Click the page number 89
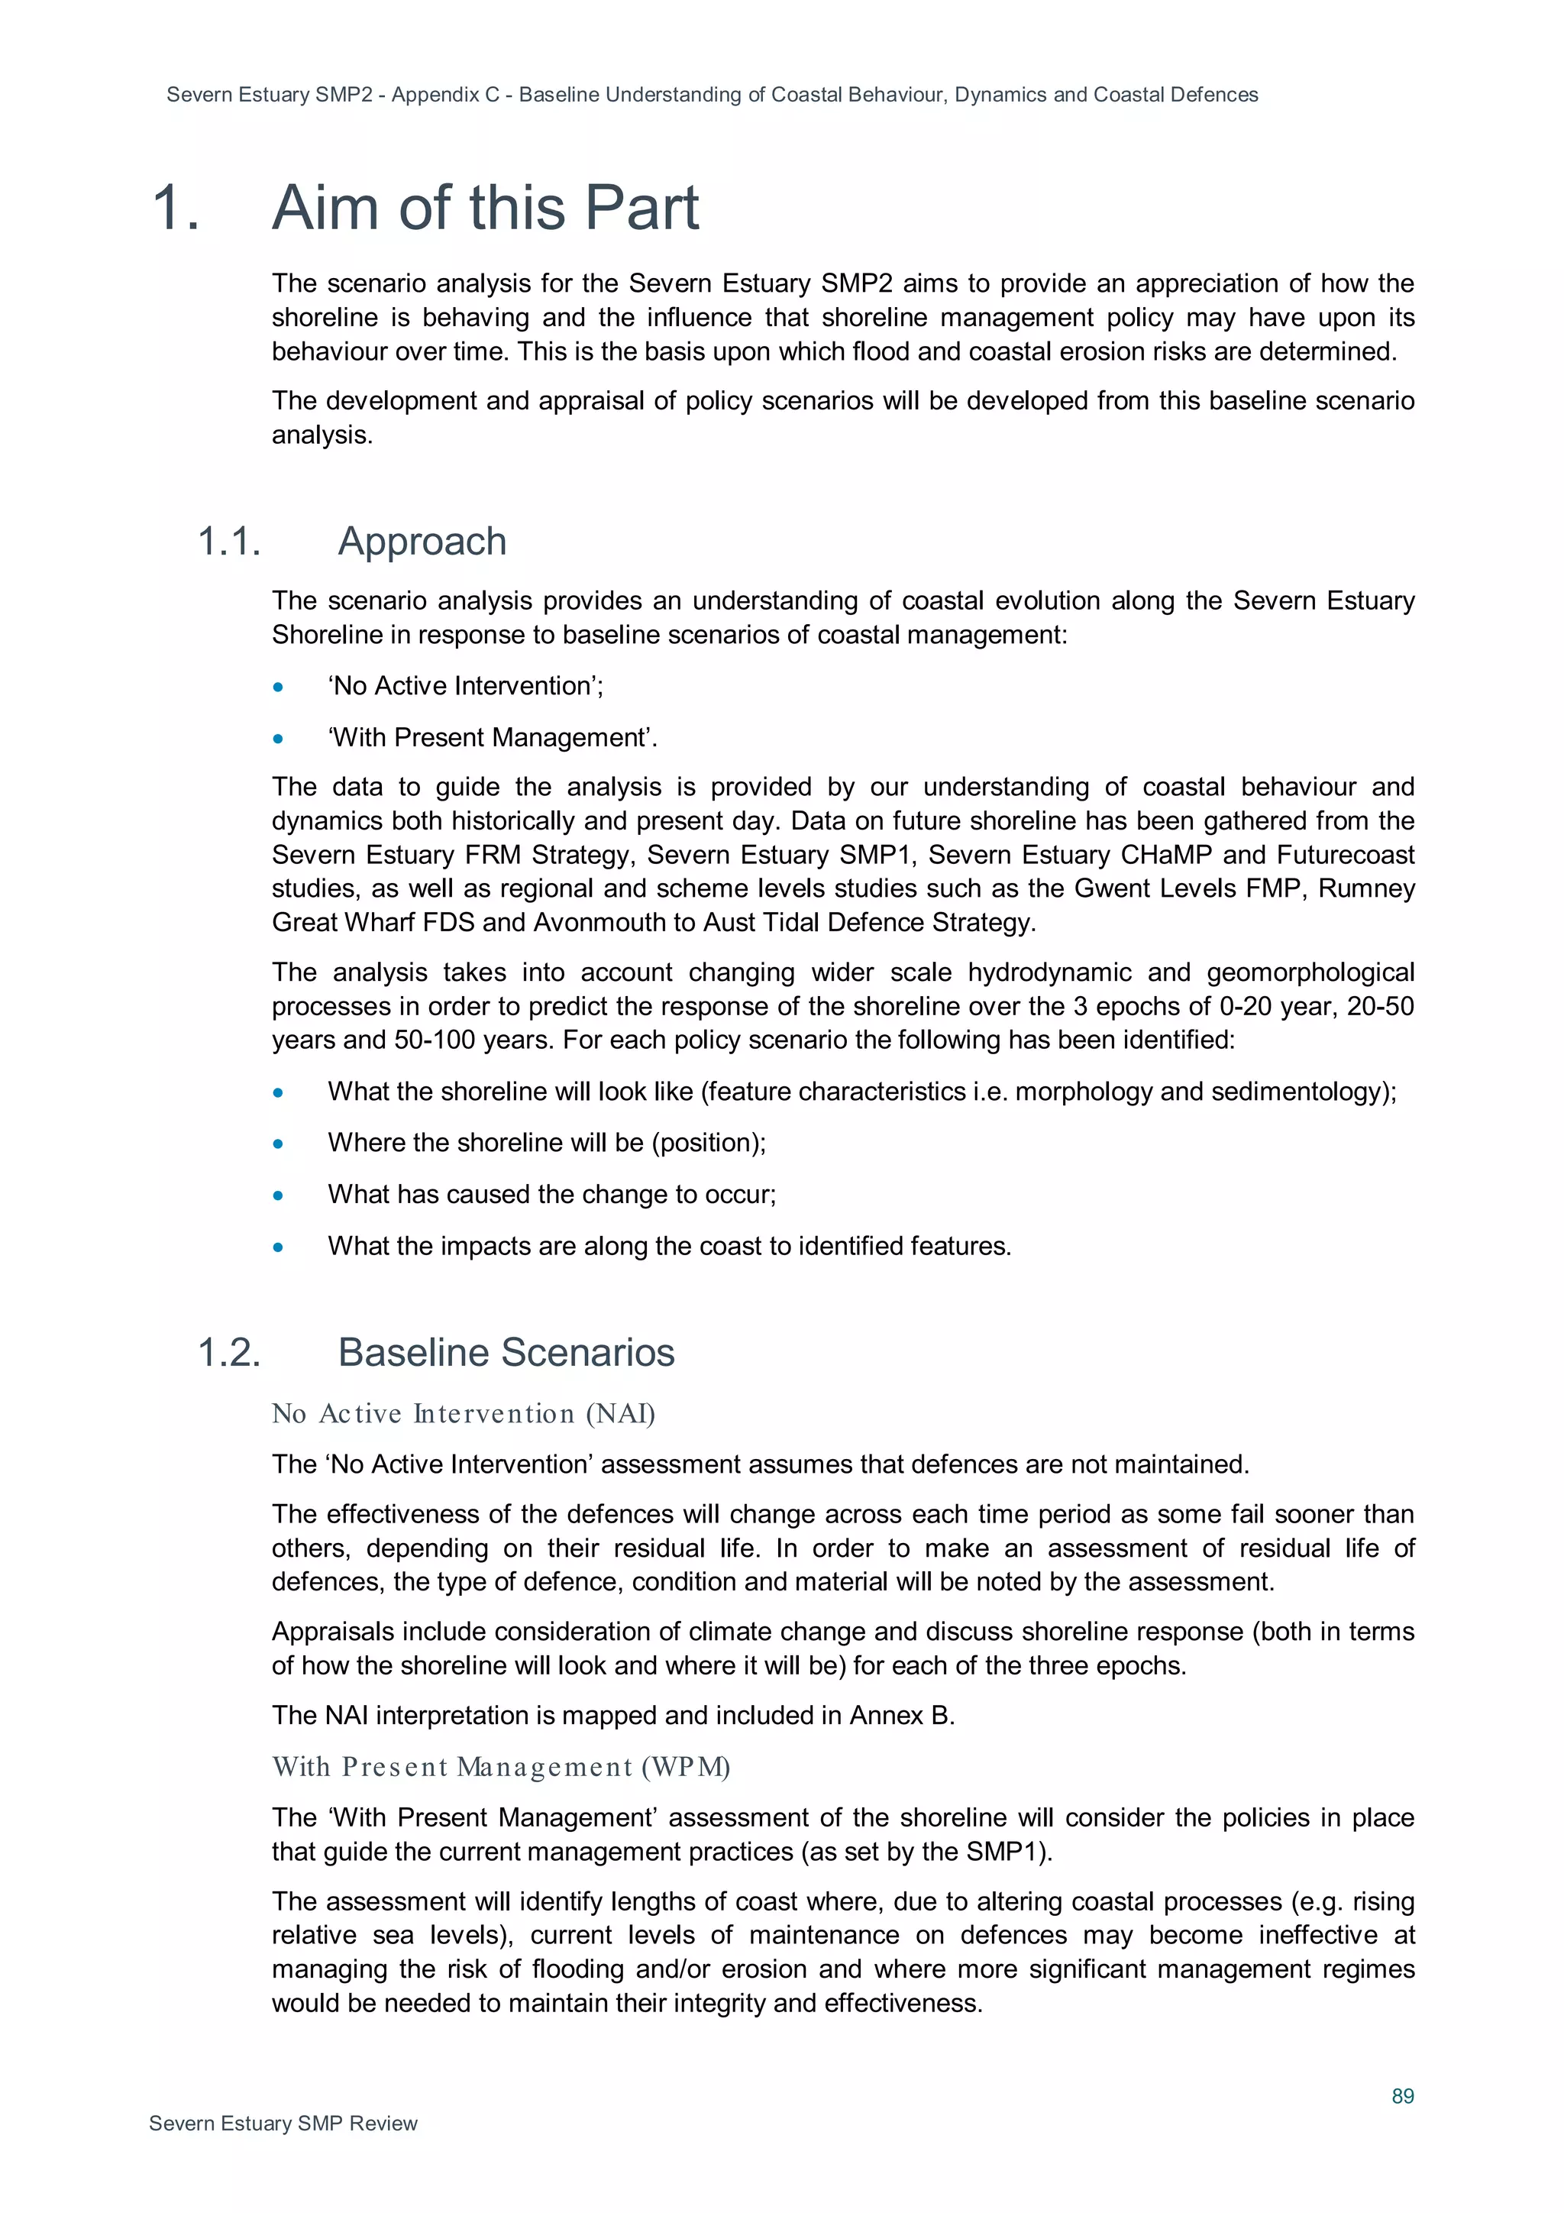1402,2095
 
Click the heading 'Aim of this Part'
485,209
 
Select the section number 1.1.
229,542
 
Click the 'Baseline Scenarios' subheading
505,1352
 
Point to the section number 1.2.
229,1352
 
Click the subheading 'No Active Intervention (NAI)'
463,1413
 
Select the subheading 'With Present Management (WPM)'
500,1767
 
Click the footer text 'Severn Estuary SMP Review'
283,2124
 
